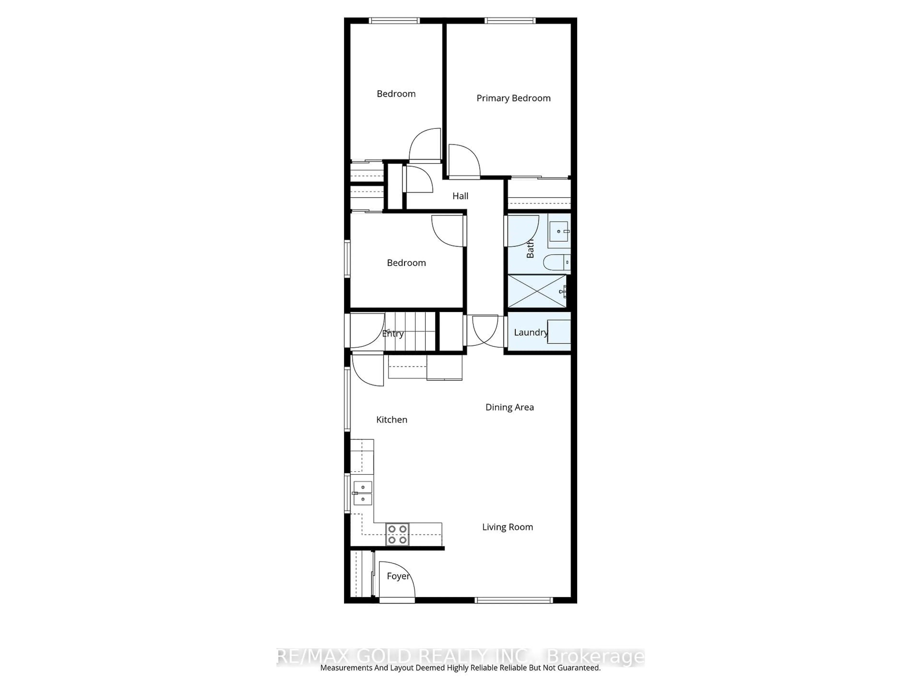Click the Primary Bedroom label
pyautogui.click(x=513, y=98)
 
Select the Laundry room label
pyautogui.click(x=531, y=332)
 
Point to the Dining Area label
pyautogui.click(x=510, y=407)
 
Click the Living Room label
pyautogui.click(x=508, y=527)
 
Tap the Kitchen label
pyautogui.click(x=391, y=420)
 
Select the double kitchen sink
pyautogui.click(x=363, y=493)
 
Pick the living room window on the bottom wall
pyautogui.click(x=514, y=600)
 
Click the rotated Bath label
pyautogui.click(x=530, y=249)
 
